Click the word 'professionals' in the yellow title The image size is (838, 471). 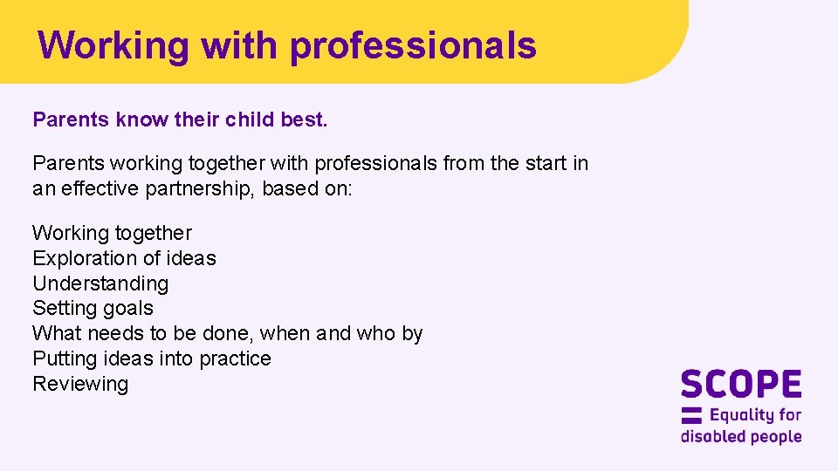[412, 45]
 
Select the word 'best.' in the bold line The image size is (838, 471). [304, 119]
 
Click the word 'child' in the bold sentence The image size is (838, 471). [249, 119]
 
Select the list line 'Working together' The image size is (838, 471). [112, 233]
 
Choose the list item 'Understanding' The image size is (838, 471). [100, 283]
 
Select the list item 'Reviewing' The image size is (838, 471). [80, 384]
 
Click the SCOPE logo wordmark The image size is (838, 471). [740, 385]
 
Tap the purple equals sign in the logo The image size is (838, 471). [691, 415]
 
